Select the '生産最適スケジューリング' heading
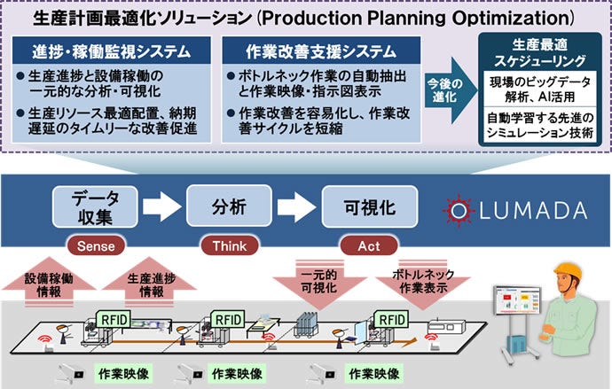click(537, 52)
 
